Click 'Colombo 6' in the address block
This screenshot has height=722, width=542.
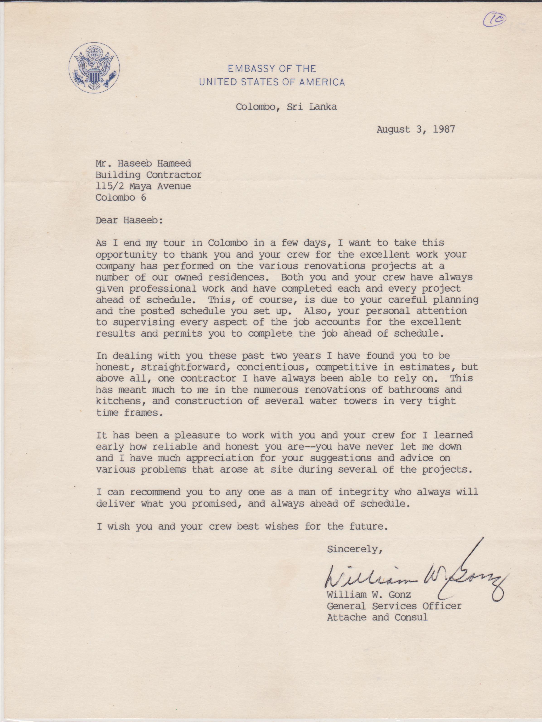tap(121, 197)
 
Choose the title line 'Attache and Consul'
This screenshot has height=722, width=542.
tap(377, 618)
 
